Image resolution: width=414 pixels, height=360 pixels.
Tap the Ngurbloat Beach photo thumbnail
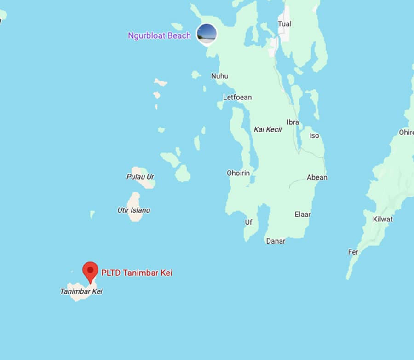click(207, 34)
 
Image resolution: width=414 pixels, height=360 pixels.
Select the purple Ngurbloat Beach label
click(159, 35)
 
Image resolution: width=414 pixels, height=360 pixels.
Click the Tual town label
click(285, 23)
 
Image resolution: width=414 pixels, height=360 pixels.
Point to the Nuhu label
click(219, 76)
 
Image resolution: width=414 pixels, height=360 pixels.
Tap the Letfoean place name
click(237, 97)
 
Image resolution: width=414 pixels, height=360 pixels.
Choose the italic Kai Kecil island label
click(267, 129)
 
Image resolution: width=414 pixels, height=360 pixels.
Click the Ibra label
click(293, 122)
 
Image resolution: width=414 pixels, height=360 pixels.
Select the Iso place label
click(314, 135)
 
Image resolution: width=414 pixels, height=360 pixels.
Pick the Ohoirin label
click(238, 173)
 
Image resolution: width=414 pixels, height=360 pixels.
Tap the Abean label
click(317, 177)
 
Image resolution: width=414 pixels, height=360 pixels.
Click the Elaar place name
click(303, 214)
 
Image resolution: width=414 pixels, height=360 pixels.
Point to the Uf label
click(248, 222)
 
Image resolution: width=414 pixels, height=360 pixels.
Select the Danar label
click(276, 241)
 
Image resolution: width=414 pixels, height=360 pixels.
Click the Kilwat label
click(383, 219)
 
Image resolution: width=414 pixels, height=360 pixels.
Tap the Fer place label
click(353, 252)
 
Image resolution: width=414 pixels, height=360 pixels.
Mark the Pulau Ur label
click(140, 176)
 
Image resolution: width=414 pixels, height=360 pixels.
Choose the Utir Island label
click(133, 210)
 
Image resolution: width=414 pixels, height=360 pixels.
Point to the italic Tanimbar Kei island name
click(81, 291)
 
